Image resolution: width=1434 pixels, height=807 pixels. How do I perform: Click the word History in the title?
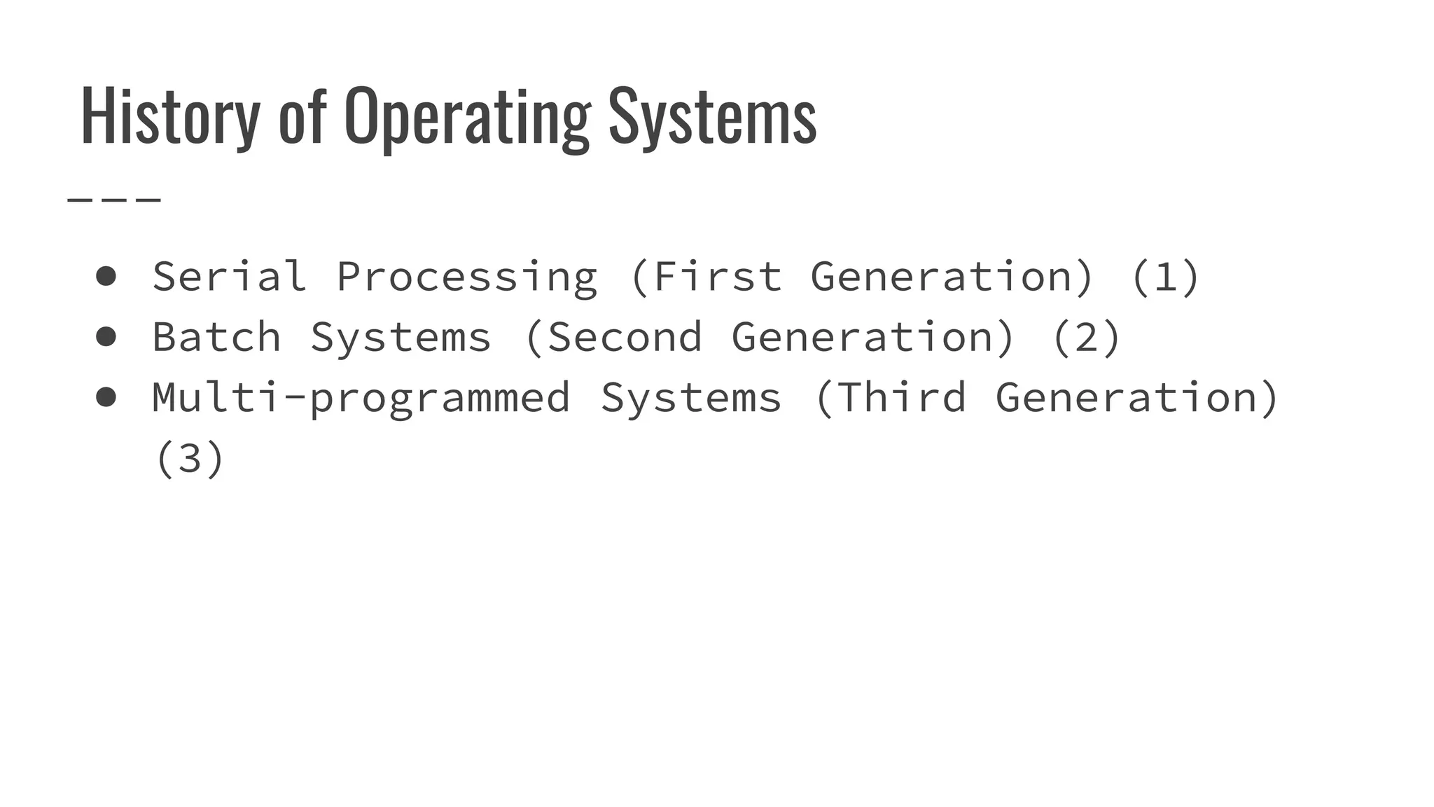tap(170, 116)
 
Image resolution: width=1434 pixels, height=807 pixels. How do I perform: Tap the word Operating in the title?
tap(467, 116)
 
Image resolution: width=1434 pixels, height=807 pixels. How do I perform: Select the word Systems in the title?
tap(712, 116)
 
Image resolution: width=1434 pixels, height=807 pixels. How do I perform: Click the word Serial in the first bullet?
tap(230, 276)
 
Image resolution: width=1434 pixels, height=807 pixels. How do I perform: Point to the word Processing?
tap(467, 277)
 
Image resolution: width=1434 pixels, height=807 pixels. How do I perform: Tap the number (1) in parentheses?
tap(1165, 276)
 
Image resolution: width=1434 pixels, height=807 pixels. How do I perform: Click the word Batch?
tap(217, 337)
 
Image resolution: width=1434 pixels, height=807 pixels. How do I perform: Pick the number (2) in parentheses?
tap(1086, 337)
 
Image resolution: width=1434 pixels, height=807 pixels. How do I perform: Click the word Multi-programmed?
tap(361, 398)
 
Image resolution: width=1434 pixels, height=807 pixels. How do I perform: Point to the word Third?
tap(901, 397)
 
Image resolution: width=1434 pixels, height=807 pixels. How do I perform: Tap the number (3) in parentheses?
tap(190, 458)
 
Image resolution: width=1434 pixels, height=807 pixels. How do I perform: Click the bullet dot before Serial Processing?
tap(106, 276)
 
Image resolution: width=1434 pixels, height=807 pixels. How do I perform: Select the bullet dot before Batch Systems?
tap(106, 337)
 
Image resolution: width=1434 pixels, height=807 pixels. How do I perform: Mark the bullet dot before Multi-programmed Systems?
tap(106, 397)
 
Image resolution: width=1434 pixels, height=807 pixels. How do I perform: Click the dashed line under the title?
tap(114, 200)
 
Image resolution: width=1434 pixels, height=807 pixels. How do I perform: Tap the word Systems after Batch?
tap(401, 337)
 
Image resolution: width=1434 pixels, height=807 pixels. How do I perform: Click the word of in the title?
tap(302, 116)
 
